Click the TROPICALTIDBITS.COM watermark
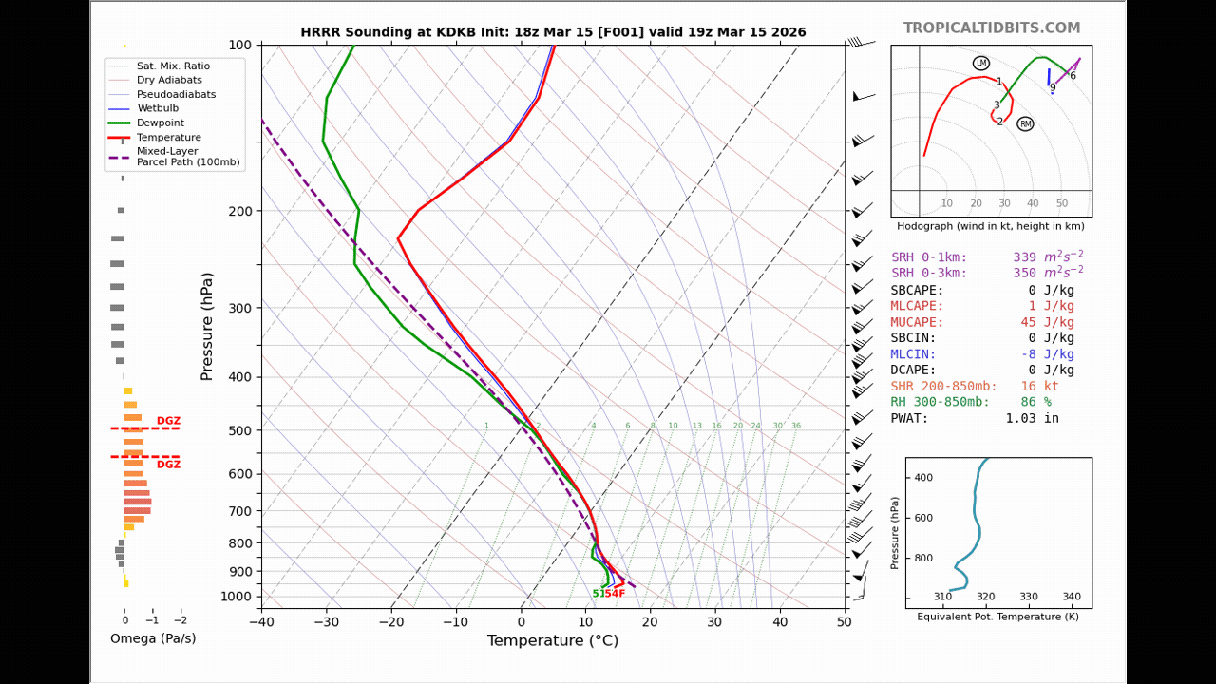[991, 28]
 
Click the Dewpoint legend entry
[161, 123]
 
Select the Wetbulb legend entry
[158, 109]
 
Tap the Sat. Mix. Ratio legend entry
[173, 66]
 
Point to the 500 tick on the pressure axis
[238, 430]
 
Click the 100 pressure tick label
[239, 46]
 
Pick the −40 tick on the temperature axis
[261, 622]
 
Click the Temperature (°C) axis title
[552, 641]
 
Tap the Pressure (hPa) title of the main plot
[207, 327]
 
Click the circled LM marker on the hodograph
[980, 63]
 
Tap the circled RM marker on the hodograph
[1025, 123]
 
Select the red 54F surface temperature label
[615, 594]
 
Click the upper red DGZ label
[168, 421]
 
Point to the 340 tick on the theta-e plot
[1072, 597]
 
